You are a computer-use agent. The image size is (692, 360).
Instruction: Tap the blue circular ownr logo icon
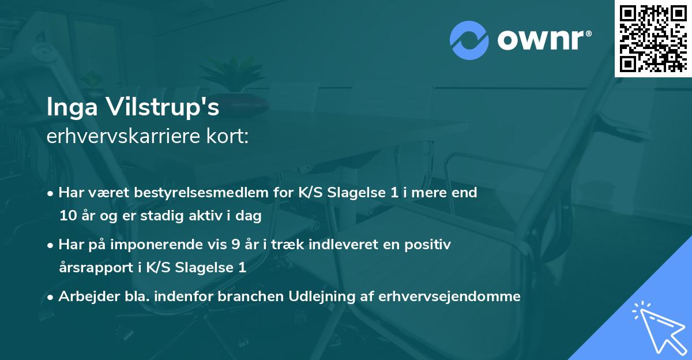pos(469,40)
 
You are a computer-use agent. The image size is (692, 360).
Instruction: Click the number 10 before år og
pos(67,216)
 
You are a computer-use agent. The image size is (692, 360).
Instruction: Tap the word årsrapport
pos(94,268)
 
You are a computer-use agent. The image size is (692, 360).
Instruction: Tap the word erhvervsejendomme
pos(450,297)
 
